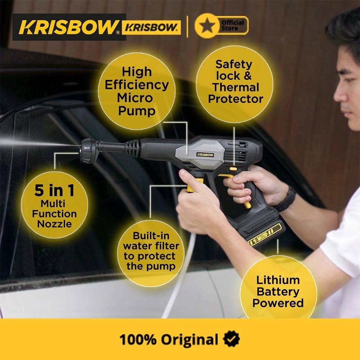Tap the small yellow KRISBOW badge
[151, 27]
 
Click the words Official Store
[232, 25]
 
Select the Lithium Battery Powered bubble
[278, 291]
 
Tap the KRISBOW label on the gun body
[205, 154]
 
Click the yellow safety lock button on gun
[233, 168]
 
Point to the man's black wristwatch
[287, 200]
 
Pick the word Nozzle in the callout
[54, 224]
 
